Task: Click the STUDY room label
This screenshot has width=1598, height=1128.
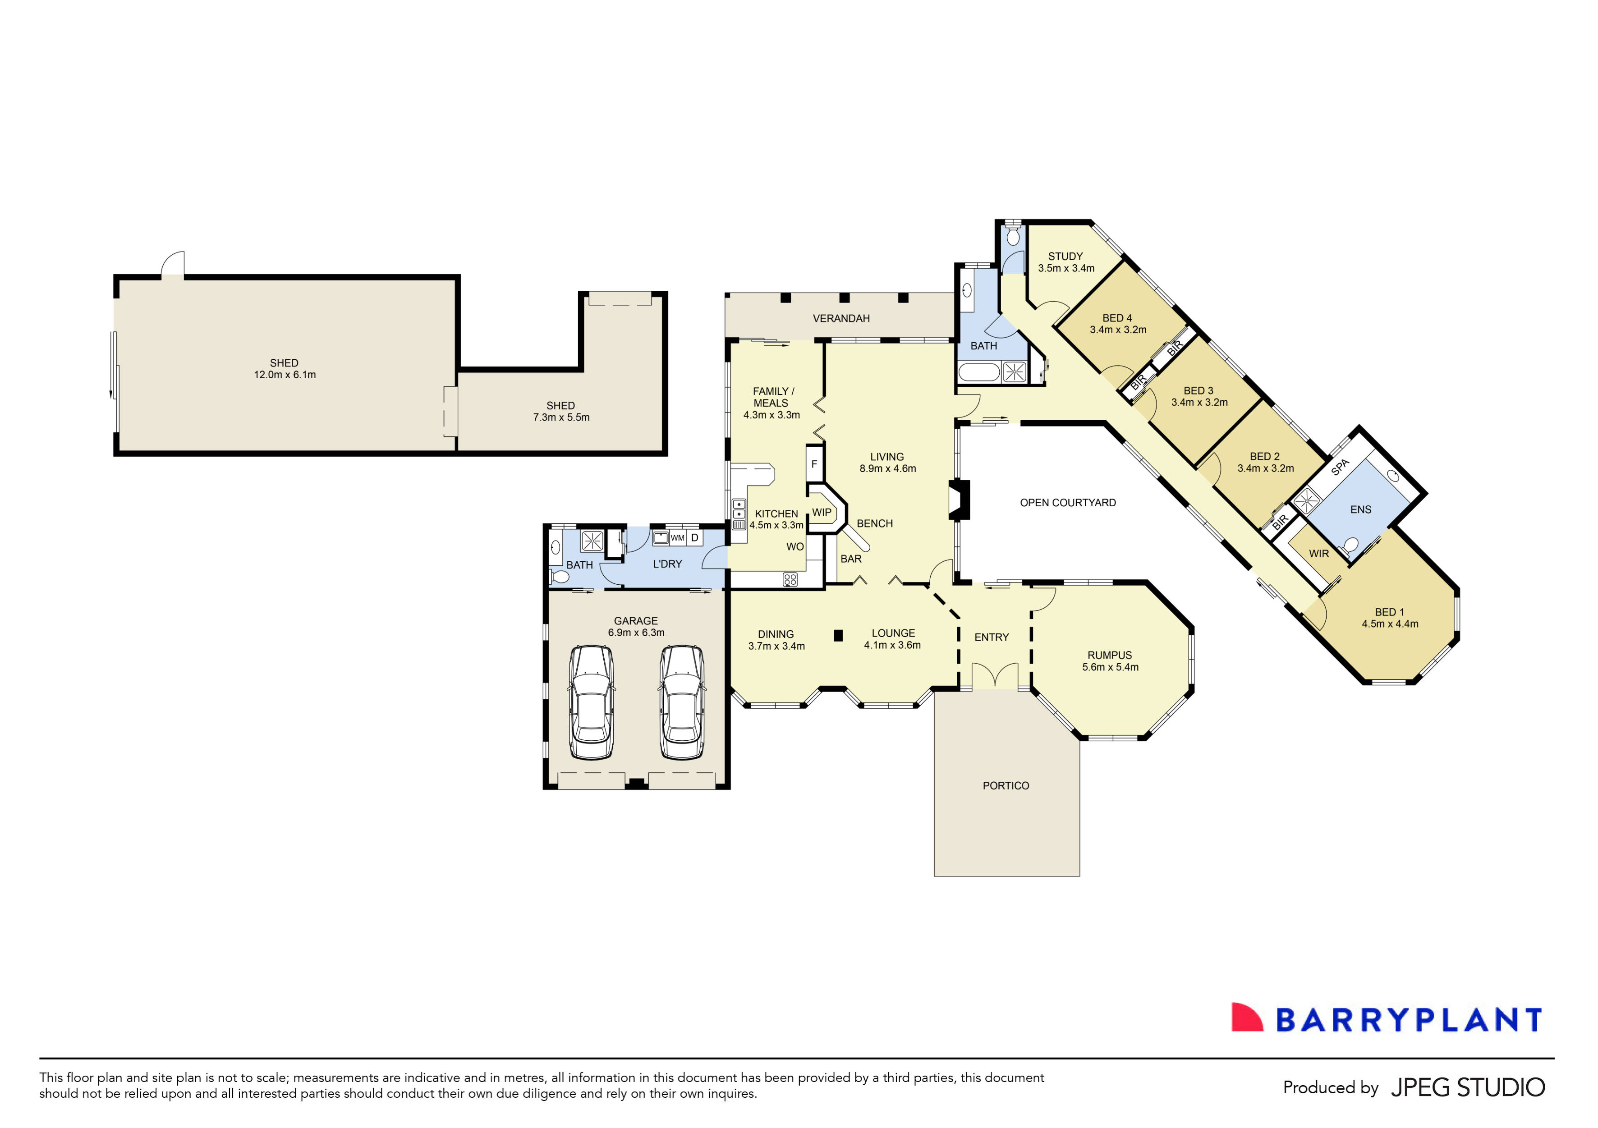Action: click(x=1065, y=256)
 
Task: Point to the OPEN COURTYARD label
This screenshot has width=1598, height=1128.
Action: click(x=1068, y=502)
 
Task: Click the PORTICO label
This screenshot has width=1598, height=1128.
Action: click(x=1006, y=786)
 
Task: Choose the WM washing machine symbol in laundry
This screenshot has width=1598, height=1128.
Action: click(x=677, y=538)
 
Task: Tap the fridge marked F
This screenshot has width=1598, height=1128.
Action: click(x=814, y=464)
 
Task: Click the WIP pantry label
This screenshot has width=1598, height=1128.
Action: click(x=822, y=512)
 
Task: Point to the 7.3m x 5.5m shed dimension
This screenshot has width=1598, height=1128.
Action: click(x=561, y=417)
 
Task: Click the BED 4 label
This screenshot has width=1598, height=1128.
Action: click(x=1117, y=318)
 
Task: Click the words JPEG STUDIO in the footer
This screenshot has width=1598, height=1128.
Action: click(x=1468, y=1087)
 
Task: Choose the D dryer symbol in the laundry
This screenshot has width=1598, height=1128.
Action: click(x=694, y=538)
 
